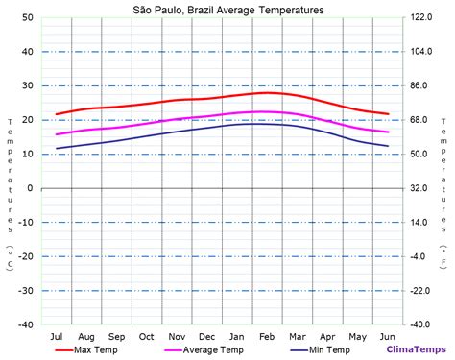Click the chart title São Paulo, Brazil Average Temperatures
click(x=227, y=10)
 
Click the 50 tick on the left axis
click(x=27, y=18)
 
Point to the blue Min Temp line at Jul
click(x=57, y=148)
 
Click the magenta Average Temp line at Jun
click(x=388, y=132)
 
